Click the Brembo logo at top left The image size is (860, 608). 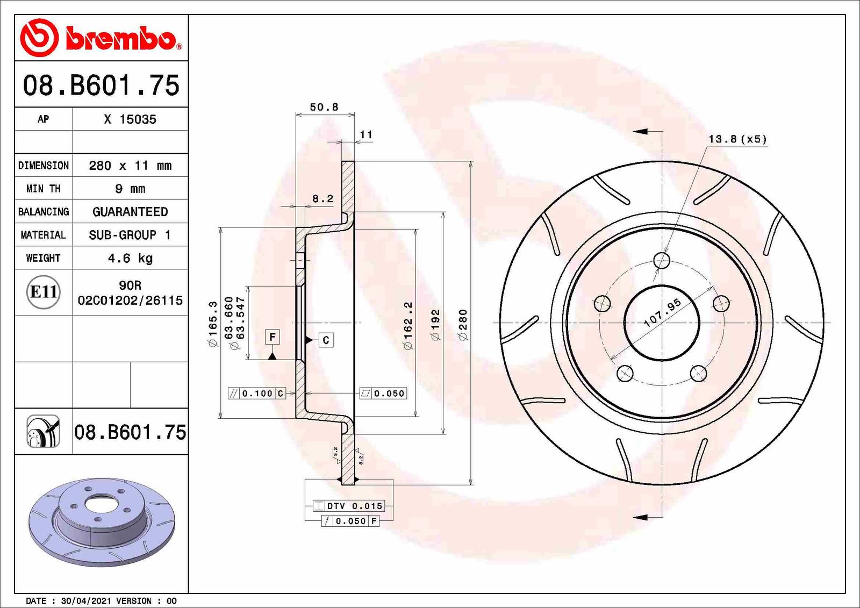pyautogui.click(x=101, y=38)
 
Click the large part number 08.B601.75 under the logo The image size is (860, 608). pyautogui.click(x=101, y=85)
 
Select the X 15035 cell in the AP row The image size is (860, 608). pyautogui.click(x=130, y=119)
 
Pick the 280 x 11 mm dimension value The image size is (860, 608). pyautogui.click(x=130, y=166)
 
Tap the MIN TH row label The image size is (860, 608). pyautogui.click(x=43, y=189)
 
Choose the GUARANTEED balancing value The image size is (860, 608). pyautogui.click(x=130, y=212)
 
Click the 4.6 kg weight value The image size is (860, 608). pyautogui.click(x=130, y=258)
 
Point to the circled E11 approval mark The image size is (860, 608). pyautogui.click(x=43, y=292)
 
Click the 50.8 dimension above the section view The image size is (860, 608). pyautogui.click(x=324, y=107)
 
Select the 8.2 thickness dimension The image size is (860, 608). pyautogui.click(x=322, y=198)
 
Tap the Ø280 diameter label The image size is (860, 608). pyautogui.click(x=463, y=324)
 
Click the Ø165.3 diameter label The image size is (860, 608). pyautogui.click(x=213, y=324)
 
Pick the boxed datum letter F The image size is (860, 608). pyautogui.click(x=273, y=337)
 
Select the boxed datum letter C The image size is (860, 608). pyautogui.click(x=326, y=340)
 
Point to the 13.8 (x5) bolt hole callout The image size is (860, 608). pyautogui.click(x=737, y=139)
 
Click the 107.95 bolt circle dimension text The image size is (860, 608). pyautogui.click(x=662, y=312)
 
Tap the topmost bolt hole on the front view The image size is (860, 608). pyautogui.click(x=662, y=261)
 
